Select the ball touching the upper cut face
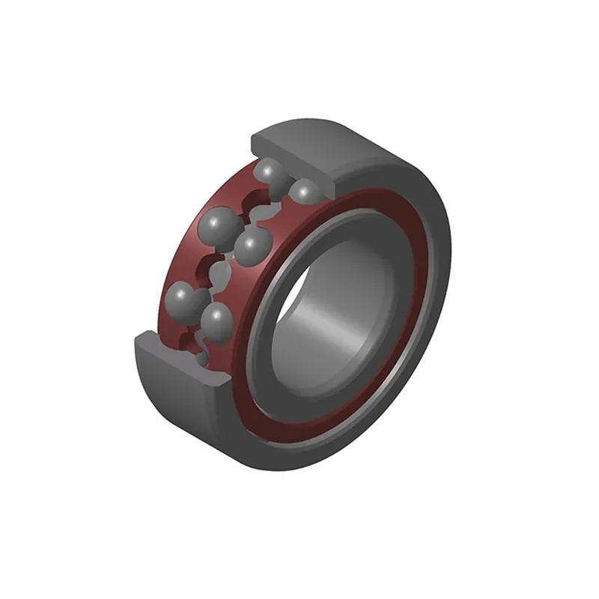304,192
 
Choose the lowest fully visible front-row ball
217,320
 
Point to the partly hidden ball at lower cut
201,358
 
